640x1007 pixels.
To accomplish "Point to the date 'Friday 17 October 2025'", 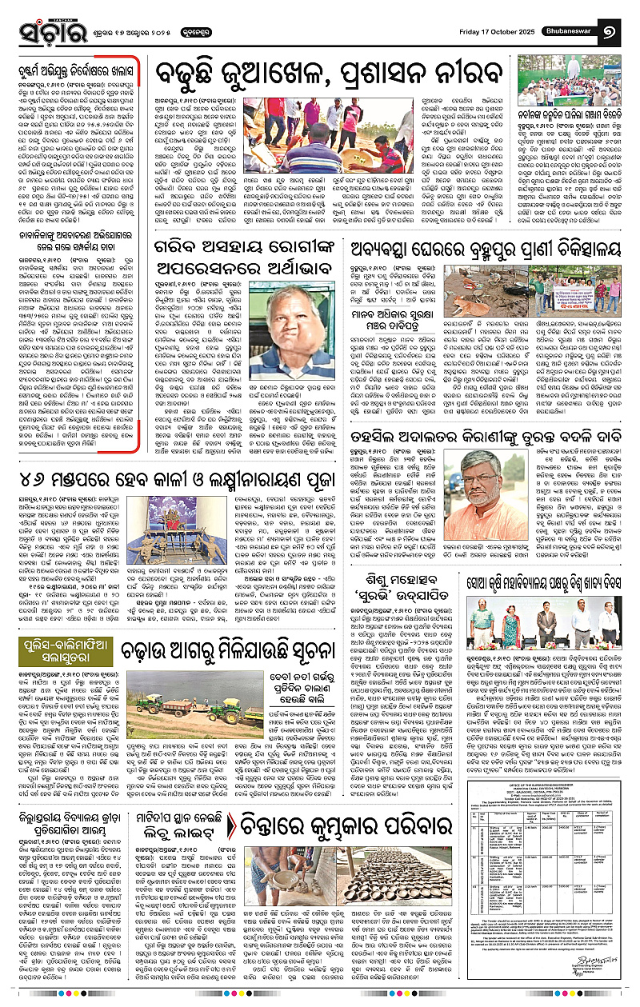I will [499, 31].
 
